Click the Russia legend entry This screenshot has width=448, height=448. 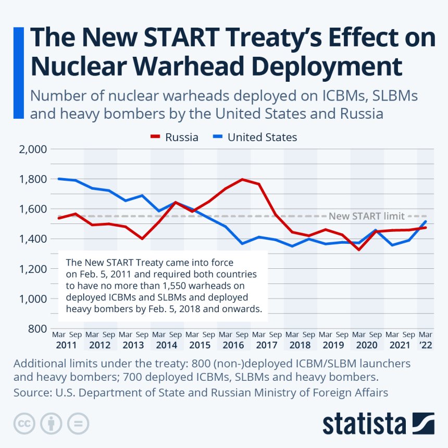(x=174, y=138)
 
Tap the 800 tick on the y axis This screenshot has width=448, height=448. (x=39, y=329)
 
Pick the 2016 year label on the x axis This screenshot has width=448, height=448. (x=233, y=345)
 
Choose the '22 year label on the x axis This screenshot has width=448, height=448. (x=426, y=345)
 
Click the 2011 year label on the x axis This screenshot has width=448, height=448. (x=67, y=345)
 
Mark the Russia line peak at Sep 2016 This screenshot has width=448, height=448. (x=242, y=179)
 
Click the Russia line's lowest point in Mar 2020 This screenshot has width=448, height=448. (x=359, y=250)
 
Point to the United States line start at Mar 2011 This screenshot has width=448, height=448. (x=58, y=179)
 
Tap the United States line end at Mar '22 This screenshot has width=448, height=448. (x=426, y=221)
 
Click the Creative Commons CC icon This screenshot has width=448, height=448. (x=24, y=423)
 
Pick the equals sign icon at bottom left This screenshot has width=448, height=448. (x=78, y=423)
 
